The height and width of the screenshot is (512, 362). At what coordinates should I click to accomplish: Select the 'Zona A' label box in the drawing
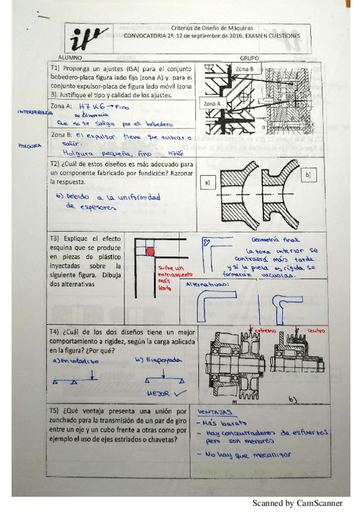(213, 104)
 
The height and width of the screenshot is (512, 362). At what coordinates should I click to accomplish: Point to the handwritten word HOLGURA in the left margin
(30, 146)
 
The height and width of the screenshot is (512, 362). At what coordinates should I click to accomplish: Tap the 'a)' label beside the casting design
(207, 182)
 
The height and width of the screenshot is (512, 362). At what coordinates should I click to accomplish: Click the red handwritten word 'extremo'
(264, 331)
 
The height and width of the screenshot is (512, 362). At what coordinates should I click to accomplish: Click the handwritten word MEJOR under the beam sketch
(158, 392)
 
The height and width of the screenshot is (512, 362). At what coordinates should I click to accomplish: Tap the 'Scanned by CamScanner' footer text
(297, 502)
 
